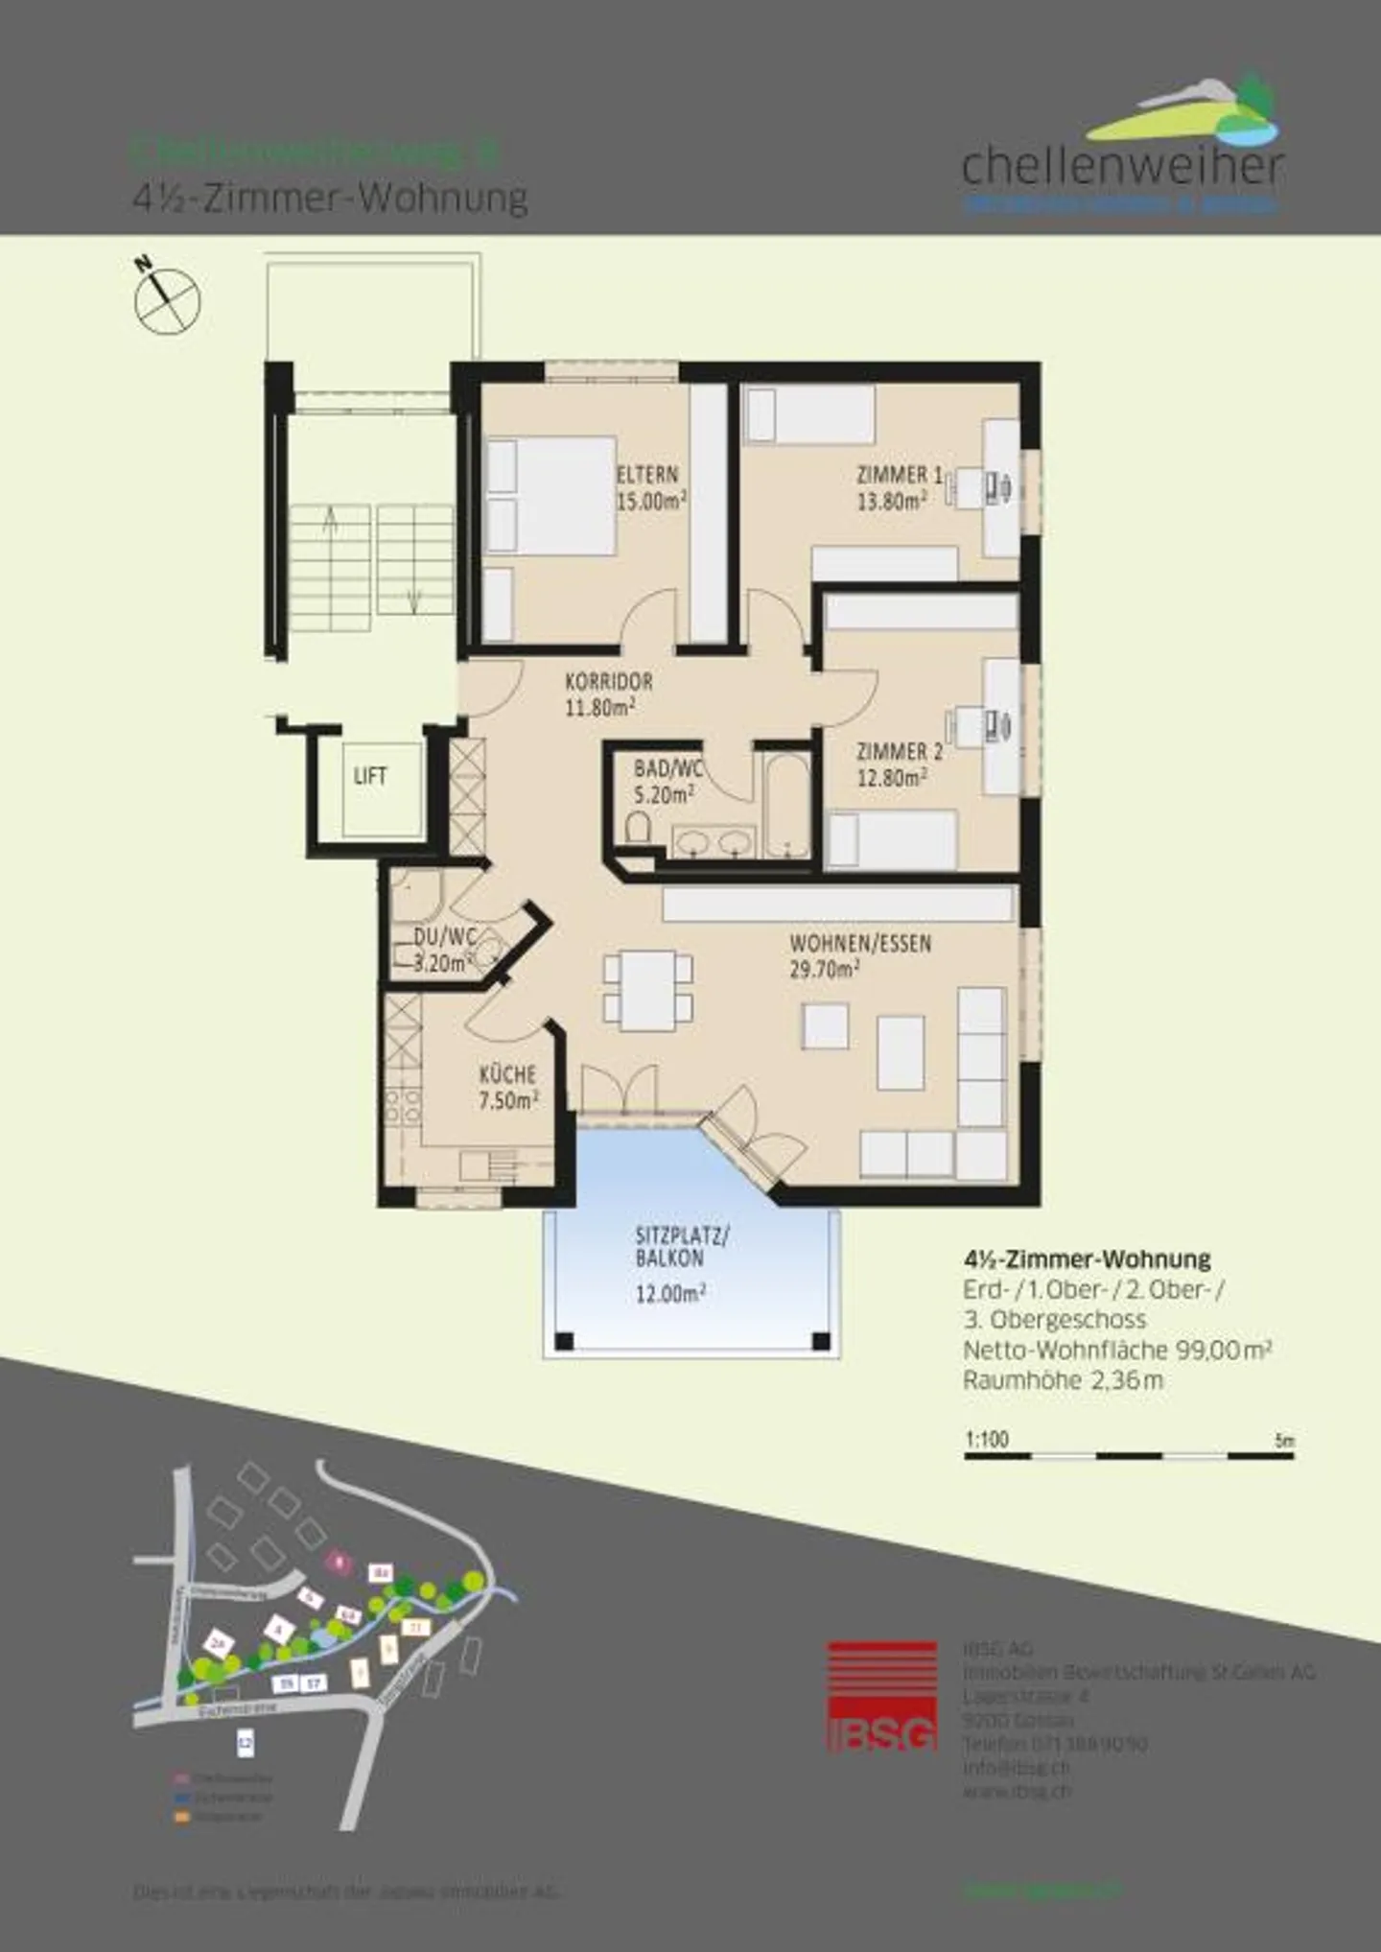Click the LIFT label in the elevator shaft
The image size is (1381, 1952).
369,776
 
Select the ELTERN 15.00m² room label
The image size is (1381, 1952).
650,487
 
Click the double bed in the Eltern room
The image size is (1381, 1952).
551,496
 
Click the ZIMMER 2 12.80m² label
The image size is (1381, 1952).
898,764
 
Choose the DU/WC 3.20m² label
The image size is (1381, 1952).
441,950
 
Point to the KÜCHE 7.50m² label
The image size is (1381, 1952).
507,1088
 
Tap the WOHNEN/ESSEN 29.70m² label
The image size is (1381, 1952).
859,956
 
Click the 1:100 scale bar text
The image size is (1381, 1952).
987,1440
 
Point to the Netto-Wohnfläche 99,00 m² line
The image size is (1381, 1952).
1117,1350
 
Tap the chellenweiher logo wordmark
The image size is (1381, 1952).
1122,167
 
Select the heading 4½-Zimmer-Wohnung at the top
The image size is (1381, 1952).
329,199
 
